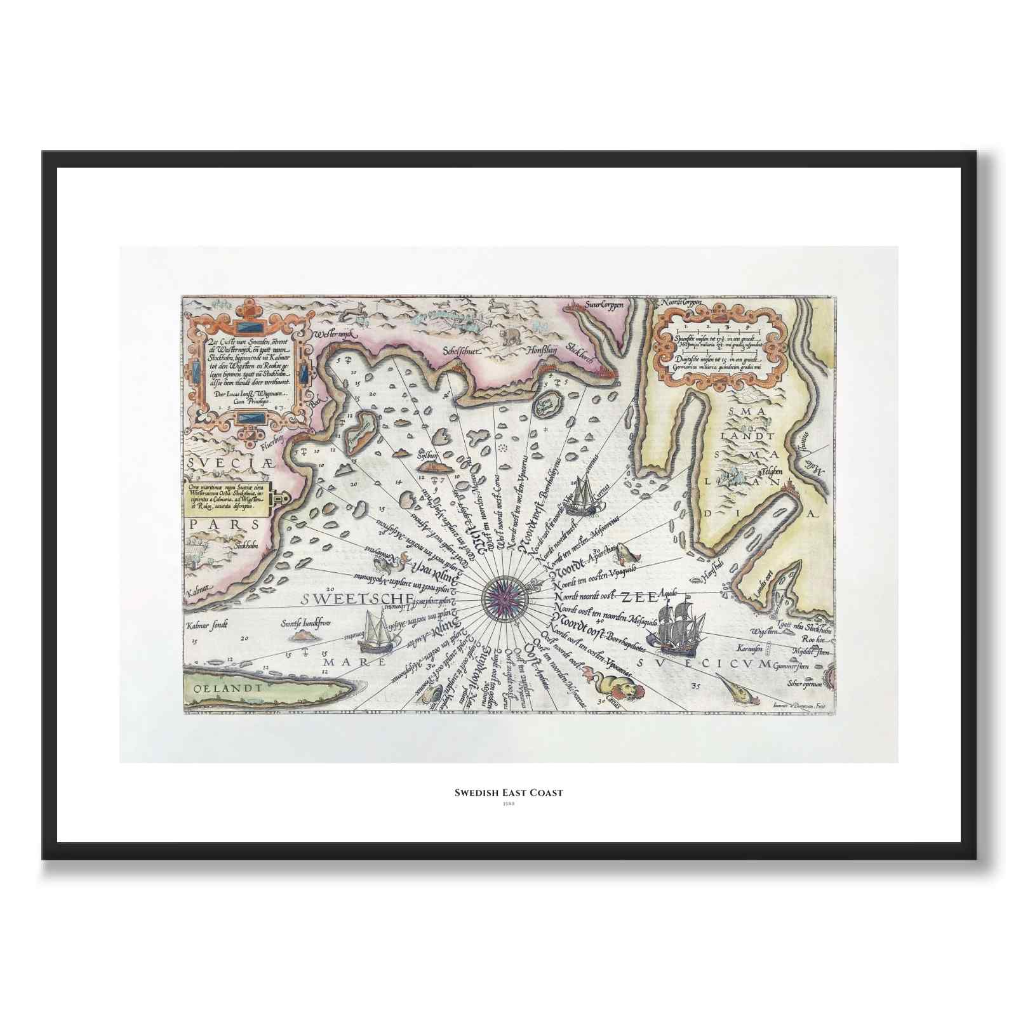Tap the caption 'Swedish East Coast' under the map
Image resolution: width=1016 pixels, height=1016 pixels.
(508, 792)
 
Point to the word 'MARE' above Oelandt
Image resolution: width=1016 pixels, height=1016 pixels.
(356, 662)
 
